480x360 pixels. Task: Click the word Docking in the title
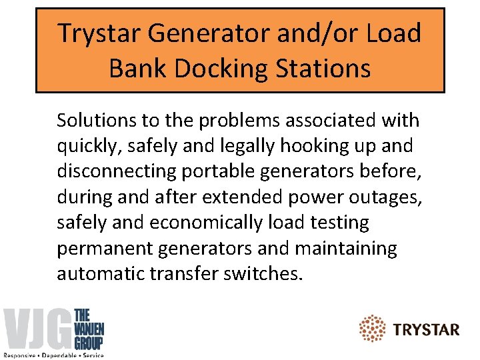207,69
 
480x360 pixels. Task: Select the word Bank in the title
133,69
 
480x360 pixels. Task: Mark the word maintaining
346,248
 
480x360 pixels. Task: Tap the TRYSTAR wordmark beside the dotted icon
426,329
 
